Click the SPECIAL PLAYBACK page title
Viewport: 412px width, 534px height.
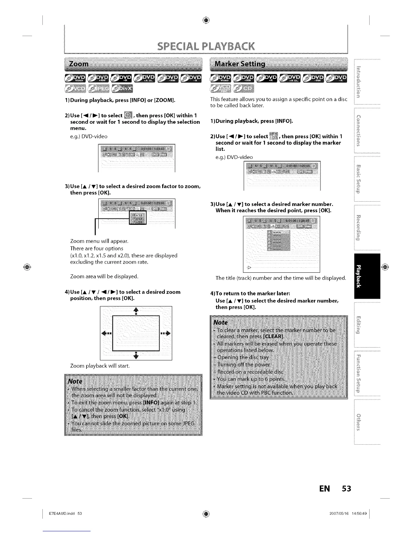206,46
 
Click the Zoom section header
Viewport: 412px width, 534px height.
78,64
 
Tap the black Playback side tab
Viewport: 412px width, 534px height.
367,276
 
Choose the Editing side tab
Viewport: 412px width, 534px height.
367,325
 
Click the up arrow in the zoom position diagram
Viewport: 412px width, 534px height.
136,310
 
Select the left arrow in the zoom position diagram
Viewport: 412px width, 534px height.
106,333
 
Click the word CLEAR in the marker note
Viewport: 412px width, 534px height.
273,337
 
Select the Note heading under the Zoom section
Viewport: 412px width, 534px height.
75,381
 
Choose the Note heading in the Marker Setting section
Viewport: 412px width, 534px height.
220,323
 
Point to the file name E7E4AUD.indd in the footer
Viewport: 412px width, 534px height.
61,513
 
